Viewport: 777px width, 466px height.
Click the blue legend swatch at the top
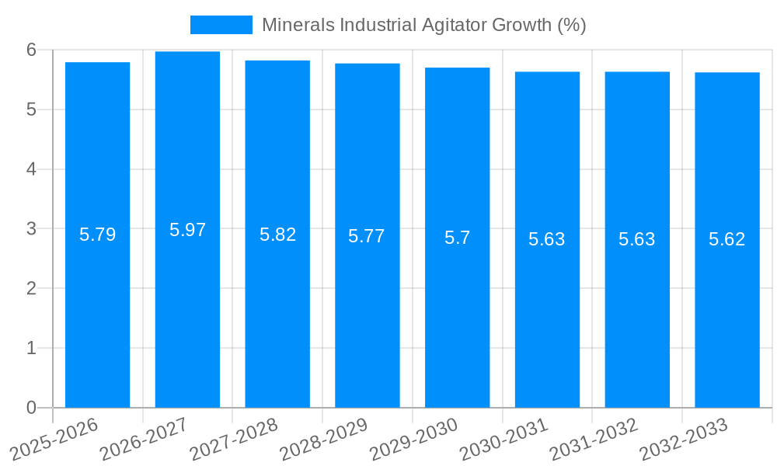coord(221,25)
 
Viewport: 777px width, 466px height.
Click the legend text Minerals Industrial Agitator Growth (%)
coord(423,25)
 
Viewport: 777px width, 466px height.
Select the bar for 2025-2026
coord(97,311)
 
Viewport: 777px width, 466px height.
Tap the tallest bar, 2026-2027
coord(187,311)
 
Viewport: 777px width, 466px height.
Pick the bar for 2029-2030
coord(457,311)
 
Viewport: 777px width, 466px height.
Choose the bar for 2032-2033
coord(726,311)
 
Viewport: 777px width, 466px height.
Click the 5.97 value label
coord(187,230)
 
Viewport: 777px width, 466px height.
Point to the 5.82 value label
coord(277,235)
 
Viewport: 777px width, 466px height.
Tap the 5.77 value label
coord(367,236)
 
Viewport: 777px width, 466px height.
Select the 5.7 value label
coord(457,238)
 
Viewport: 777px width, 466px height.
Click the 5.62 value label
coord(726,239)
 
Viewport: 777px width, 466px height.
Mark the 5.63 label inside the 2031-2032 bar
coord(636,239)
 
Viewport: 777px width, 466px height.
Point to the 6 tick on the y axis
coord(31,50)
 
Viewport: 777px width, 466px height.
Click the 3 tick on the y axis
coord(31,229)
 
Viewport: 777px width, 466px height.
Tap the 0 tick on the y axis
coord(31,408)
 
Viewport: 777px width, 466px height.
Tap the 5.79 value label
coord(97,235)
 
